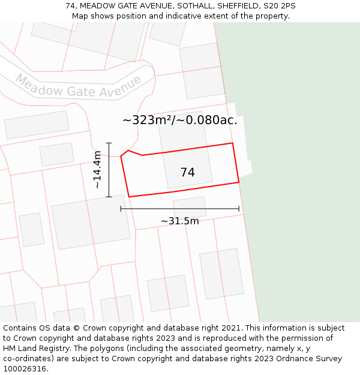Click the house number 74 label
coord(187,173)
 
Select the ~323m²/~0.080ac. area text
coord(180,120)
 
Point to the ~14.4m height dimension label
coord(97,170)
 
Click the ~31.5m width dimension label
coord(180,221)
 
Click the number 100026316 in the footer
coord(25,369)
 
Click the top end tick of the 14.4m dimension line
coord(109,143)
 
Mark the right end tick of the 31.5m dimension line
coord(239,209)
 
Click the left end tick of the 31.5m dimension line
coord(121,209)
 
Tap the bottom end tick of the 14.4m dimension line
coord(109,197)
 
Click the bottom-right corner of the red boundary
coord(239,182)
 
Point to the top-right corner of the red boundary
coord(232,143)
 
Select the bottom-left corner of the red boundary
coord(129,196)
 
